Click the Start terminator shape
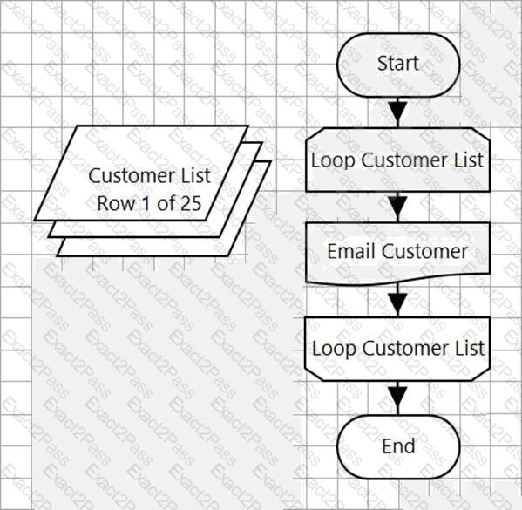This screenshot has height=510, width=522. coord(398,65)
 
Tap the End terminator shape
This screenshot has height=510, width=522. coord(398,447)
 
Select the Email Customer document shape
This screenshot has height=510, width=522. coord(398,254)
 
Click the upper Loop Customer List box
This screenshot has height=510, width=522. coord(398,160)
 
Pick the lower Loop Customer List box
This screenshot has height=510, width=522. coord(398,349)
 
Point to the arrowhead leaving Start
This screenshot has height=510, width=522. coord(398,111)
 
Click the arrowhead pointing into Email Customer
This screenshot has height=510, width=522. coord(398,207)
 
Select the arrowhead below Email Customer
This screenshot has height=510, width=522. coord(398,303)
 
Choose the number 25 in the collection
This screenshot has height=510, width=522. coord(190,203)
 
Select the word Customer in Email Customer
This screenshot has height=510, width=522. coord(424,251)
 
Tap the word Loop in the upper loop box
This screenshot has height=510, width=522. coord(332,161)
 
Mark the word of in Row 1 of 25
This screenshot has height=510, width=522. coord(165,203)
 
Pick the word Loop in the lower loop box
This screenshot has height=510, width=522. coord(334,349)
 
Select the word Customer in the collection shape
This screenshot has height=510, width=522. coord(132,175)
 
